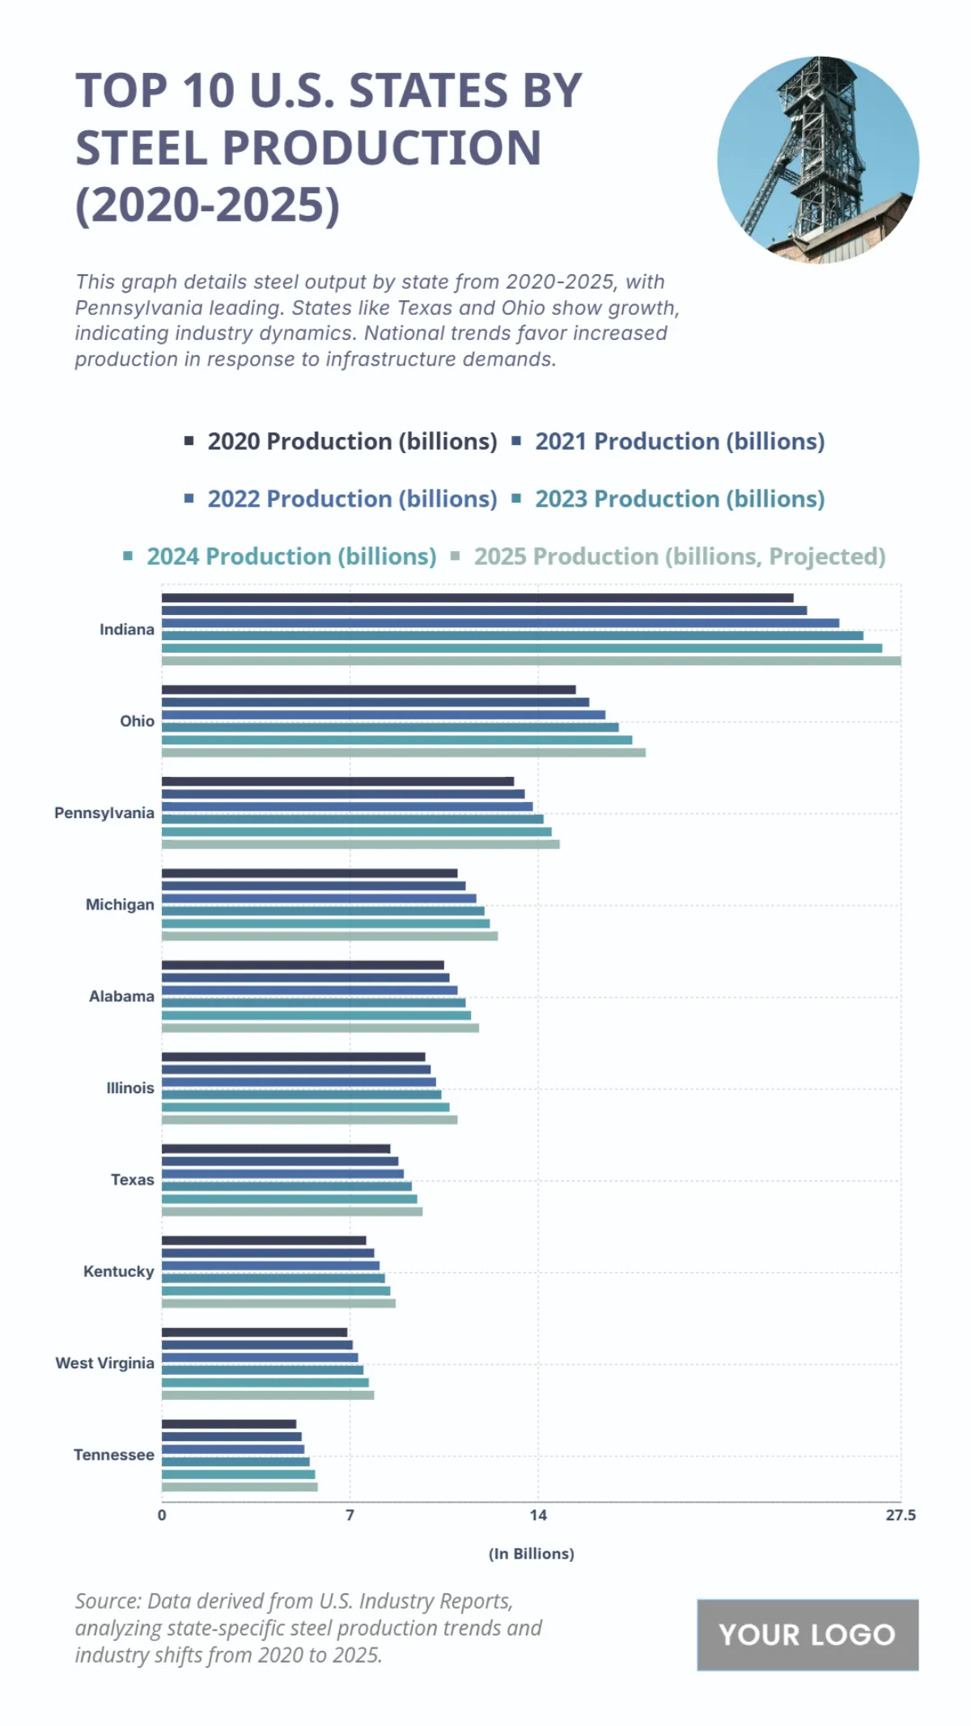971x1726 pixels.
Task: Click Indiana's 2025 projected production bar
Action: (531, 661)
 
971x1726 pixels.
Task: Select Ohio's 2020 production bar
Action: (368, 690)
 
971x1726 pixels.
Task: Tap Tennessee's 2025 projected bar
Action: (240, 1486)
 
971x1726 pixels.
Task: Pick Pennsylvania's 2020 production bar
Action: (337, 782)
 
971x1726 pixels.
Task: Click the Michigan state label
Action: (120, 905)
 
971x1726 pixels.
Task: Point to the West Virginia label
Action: (104, 1363)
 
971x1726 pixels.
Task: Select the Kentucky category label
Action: (118, 1272)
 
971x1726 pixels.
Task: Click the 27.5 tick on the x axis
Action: (900, 1516)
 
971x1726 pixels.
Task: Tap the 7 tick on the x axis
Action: (350, 1516)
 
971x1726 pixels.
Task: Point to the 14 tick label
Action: (538, 1516)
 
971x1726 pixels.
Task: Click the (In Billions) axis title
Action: (531, 1554)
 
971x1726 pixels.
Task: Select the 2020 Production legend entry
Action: (352, 442)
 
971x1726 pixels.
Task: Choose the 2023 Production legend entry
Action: (680, 499)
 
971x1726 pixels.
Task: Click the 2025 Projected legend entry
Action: (680, 557)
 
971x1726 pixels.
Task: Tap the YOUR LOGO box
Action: (808, 1635)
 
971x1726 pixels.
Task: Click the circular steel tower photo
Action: (818, 159)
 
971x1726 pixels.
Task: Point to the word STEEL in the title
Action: (142, 148)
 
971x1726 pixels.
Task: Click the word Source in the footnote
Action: (107, 1601)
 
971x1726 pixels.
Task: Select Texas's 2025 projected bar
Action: (292, 1211)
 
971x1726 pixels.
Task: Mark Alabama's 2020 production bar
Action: (303, 965)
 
